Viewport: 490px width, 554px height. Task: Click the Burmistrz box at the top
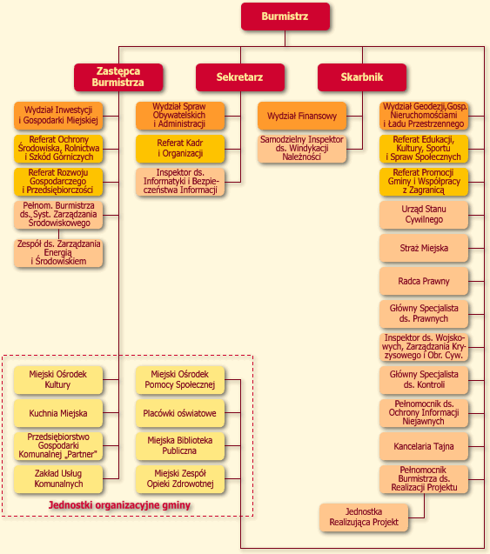coord(285,17)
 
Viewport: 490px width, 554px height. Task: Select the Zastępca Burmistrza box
coord(118,77)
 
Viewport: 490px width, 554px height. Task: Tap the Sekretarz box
coord(240,77)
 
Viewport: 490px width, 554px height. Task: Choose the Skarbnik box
coord(362,77)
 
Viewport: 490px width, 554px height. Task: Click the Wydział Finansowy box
coord(302,116)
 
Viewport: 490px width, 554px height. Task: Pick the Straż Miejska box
coord(424,249)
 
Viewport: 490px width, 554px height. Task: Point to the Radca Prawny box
coord(424,281)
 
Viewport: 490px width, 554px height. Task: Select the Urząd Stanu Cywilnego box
coord(424,215)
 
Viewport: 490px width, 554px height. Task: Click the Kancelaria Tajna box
coord(424,447)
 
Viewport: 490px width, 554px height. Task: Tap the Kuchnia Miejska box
coord(58,413)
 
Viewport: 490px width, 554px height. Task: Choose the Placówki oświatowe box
coord(180,413)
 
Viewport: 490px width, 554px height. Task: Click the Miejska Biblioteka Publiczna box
coord(180,446)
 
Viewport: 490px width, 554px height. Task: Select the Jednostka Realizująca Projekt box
coord(364,517)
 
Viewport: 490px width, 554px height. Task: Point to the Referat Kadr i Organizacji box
coord(180,149)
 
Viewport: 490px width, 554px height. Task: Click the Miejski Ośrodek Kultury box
coord(58,380)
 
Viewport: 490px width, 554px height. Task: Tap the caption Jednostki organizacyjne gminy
coord(119,505)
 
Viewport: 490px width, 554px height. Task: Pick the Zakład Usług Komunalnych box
coord(58,479)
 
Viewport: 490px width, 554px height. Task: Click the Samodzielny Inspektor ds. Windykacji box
coord(302,149)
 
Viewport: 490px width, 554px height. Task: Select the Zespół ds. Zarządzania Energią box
coord(58,253)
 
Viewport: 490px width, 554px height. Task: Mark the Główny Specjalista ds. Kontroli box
coord(424,380)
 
